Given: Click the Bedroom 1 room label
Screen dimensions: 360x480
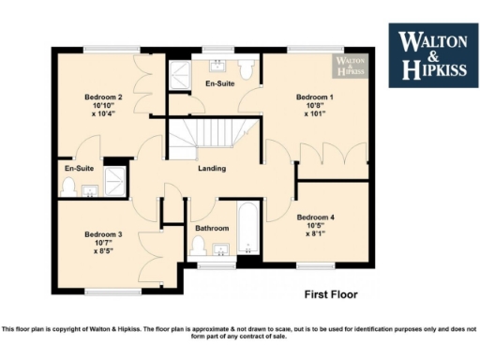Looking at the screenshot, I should [x=315, y=97].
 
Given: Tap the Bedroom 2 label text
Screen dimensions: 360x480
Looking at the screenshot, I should [x=103, y=97].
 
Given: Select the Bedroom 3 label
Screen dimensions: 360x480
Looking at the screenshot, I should [x=103, y=234].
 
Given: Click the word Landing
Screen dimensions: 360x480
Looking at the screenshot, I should [x=212, y=169].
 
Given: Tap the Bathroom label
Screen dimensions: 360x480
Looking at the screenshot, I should [x=212, y=228].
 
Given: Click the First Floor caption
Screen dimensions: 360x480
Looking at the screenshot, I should [x=331, y=294].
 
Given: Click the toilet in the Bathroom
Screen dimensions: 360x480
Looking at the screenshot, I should [x=199, y=247].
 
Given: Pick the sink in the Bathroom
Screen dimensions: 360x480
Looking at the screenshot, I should [x=222, y=250].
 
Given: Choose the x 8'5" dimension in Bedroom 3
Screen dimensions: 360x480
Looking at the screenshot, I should [x=103, y=251].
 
